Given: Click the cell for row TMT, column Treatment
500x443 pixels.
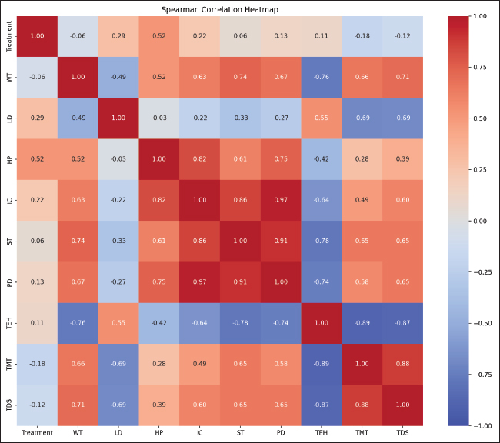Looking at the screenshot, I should pyautogui.click(x=37, y=364).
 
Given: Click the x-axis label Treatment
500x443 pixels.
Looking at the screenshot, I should pyautogui.click(x=37, y=433).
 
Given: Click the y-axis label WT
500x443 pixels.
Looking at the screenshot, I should pyautogui.click(x=9, y=77).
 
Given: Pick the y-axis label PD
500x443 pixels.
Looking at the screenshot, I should pyautogui.click(x=9, y=281).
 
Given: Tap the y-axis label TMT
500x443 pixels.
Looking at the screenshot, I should pyautogui.click(x=9, y=364).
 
